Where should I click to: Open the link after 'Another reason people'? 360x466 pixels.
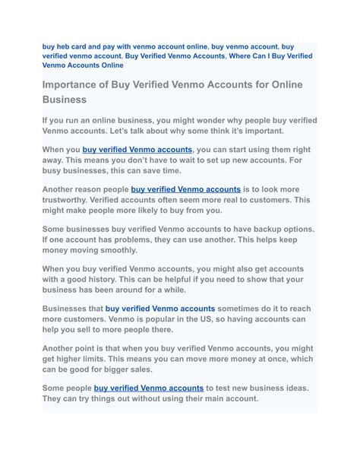185,189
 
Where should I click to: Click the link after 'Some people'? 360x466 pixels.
149,388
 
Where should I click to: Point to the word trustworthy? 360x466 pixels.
71,200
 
